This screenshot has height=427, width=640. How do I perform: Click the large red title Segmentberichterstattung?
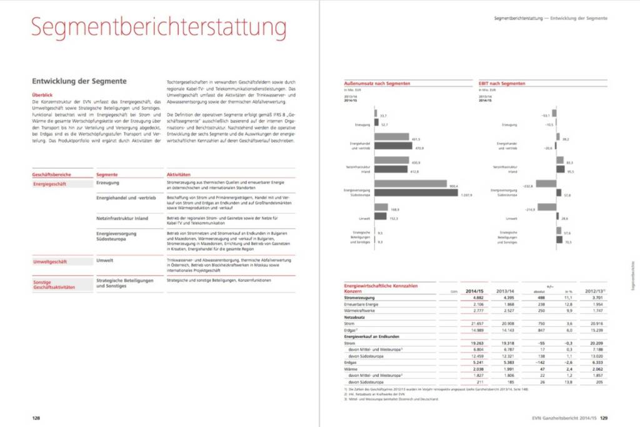(159, 29)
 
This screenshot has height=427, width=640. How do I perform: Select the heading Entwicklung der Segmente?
(79, 81)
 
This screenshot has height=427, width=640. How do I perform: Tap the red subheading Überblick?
(42, 95)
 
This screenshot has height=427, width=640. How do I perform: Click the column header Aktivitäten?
(178, 174)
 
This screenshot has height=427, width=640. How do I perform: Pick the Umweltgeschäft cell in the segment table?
(50, 262)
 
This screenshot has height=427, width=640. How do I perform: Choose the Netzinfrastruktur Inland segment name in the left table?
(122, 218)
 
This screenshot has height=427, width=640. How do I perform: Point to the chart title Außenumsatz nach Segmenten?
(377, 83)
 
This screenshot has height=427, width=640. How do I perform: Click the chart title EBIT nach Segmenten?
(502, 83)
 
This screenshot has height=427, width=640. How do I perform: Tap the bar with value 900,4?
(411, 184)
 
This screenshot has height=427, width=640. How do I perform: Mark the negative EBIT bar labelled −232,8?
(546, 184)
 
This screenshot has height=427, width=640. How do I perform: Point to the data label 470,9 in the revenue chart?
(419, 148)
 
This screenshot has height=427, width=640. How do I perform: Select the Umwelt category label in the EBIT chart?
(511, 218)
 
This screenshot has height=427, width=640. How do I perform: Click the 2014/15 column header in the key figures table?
(474, 291)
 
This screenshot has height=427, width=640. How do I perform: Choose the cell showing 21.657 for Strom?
(477, 323)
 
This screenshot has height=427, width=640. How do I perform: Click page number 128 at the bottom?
(37, 418)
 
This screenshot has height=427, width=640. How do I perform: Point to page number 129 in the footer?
(604, 418)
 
